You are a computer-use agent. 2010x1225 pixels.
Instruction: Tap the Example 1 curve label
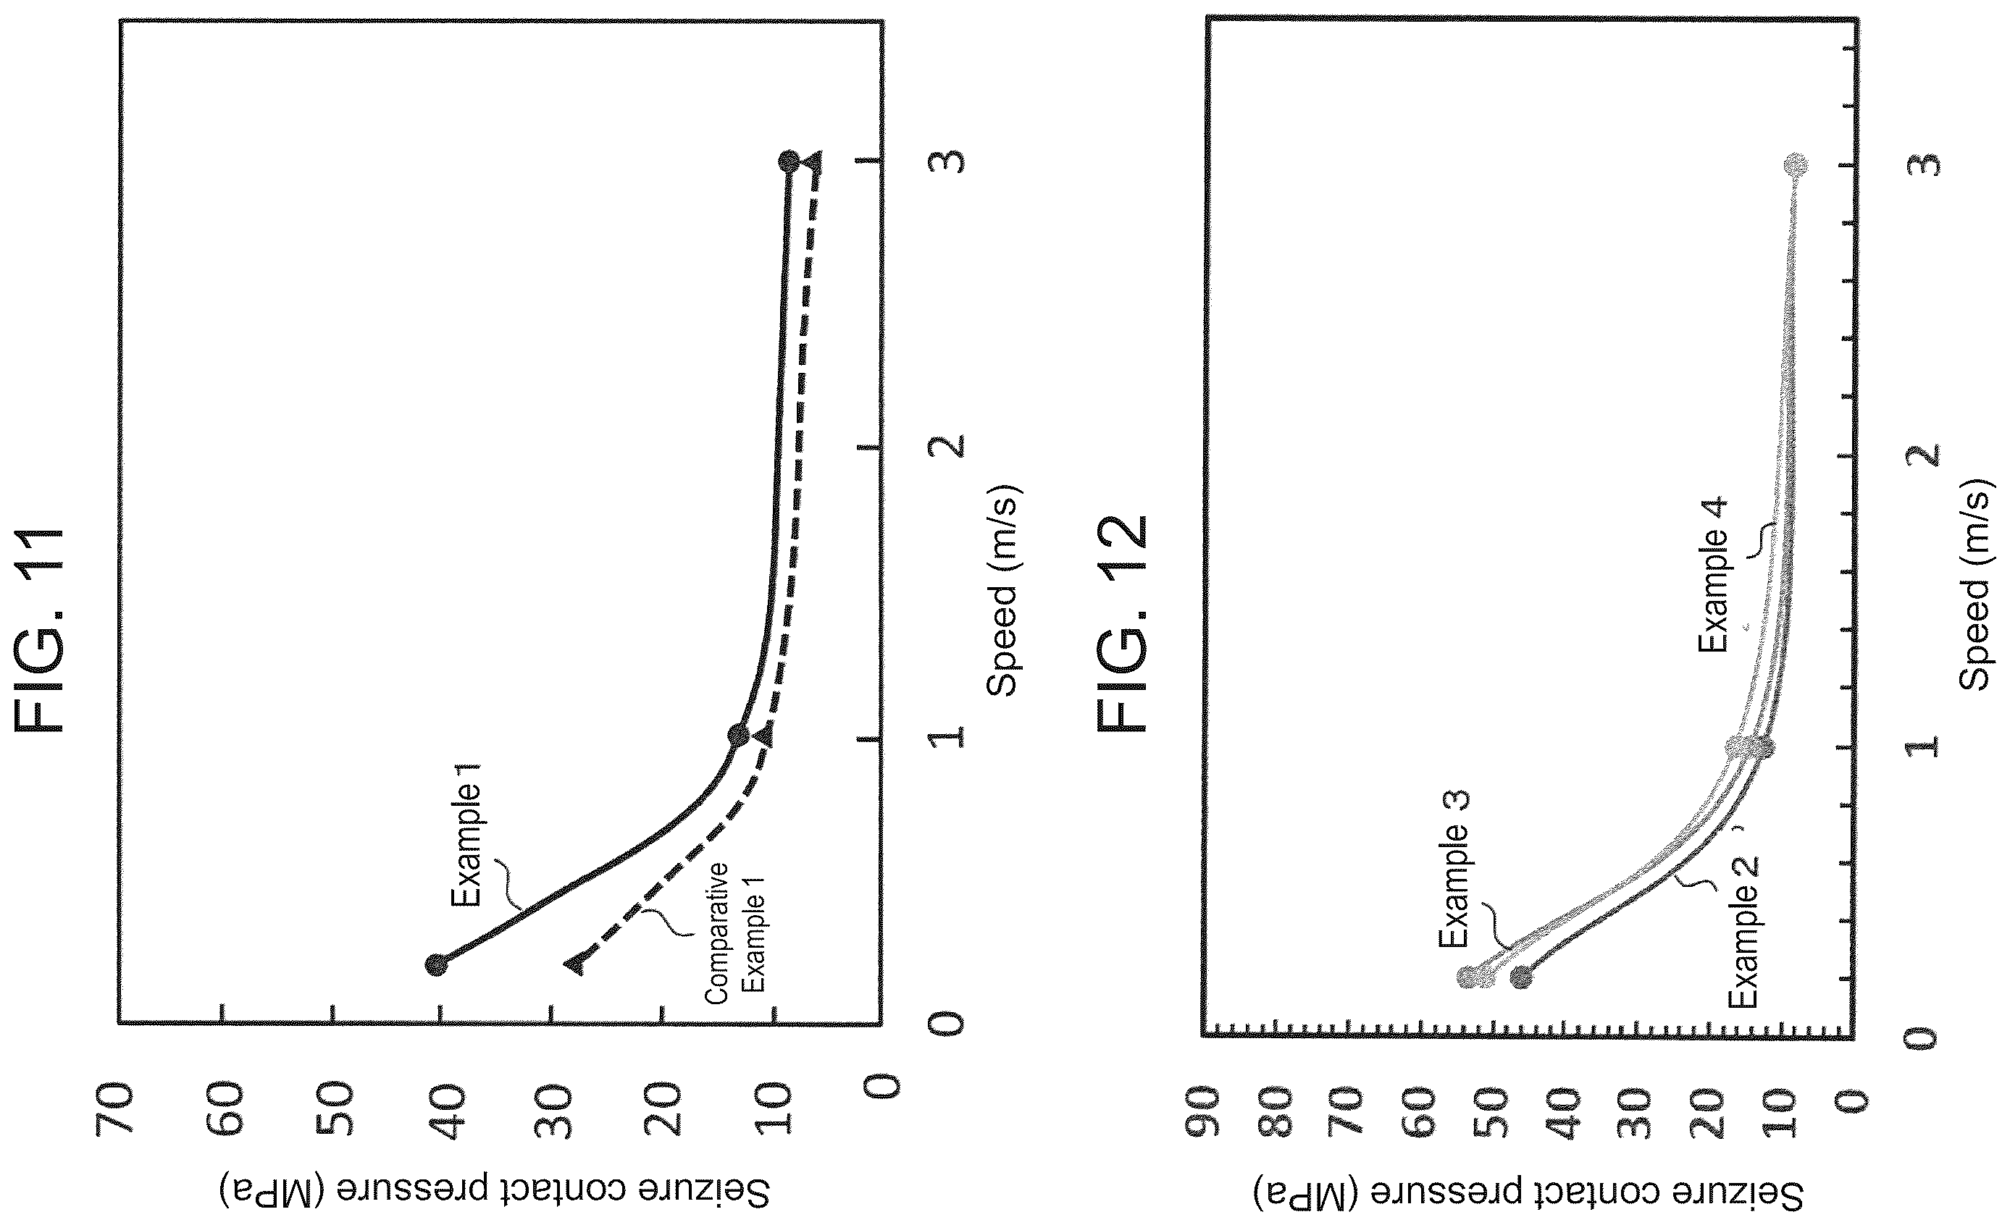(x=467, y=834)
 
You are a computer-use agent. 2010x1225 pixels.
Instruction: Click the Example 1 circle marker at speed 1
(x=738, y=735)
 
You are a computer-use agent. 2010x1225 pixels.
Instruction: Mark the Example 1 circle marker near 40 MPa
(x=437, y=965)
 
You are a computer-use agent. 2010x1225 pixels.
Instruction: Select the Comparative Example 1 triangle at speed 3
(x=813, y=162)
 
